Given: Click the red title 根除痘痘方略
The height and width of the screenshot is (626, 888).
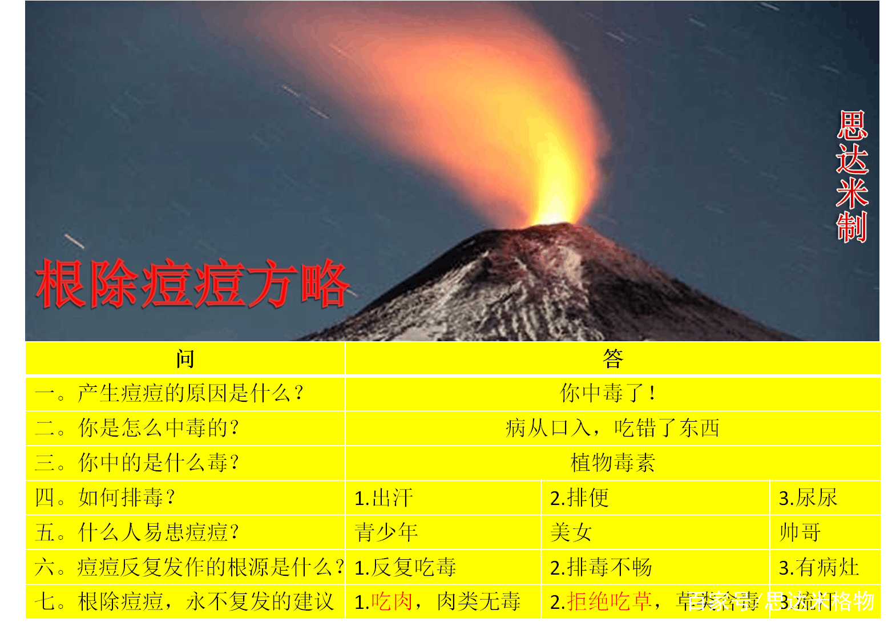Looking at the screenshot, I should click(192, 284).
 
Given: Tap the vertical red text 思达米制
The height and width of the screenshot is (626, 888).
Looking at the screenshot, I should click(851, 176).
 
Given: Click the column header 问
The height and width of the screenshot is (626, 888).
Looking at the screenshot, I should click(185, 359).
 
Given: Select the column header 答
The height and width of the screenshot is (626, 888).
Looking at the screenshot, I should click(612, 359).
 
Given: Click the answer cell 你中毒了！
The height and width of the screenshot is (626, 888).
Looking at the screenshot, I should click(608, 393).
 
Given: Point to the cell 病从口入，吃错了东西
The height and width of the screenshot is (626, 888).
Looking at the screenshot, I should click(612, 428).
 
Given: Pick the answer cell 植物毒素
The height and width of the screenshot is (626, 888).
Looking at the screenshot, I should click(612, 463).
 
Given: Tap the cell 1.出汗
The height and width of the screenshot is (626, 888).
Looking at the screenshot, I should click(384, 498).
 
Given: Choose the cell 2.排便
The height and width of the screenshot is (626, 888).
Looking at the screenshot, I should click(579, 498).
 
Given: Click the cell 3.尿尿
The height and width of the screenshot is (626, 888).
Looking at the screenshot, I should click(808, 498).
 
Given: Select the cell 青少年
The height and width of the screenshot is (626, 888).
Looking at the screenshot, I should click(386, 532).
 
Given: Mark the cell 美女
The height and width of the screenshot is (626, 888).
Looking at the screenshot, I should click(571, 532).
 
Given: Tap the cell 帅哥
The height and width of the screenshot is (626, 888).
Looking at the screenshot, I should click(800, 532).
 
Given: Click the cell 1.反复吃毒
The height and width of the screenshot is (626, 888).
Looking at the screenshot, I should click(405, 567).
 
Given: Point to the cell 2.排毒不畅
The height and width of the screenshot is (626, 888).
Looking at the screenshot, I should click(601, 567).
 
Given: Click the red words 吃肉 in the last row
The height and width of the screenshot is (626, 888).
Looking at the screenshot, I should click(391, 601).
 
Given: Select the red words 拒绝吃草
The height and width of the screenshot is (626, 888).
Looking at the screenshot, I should click(609, 601).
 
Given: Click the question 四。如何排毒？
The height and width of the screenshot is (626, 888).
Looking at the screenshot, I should click(105, 498).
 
